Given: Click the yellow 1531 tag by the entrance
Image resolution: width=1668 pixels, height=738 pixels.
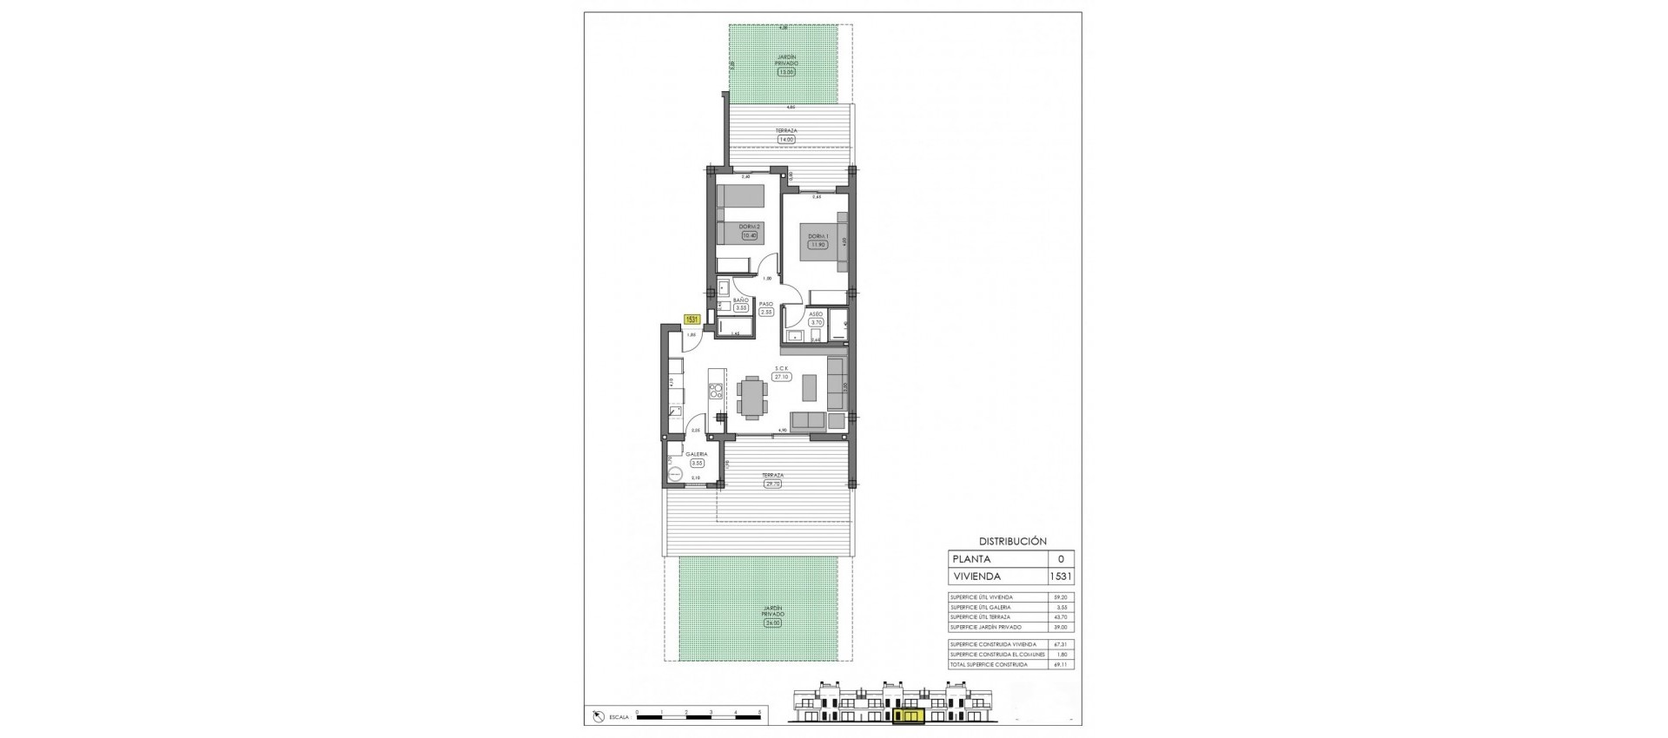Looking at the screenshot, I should (692, 319).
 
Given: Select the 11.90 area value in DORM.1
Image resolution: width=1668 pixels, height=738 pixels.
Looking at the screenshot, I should (817, 245).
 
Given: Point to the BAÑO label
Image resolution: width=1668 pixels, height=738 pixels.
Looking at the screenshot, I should (740, 300).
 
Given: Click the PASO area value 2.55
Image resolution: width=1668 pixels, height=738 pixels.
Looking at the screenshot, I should (766, 312).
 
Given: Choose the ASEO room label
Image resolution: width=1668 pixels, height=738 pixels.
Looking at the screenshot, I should (816, 313).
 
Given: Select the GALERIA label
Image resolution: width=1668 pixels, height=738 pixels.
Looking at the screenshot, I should (696, 454).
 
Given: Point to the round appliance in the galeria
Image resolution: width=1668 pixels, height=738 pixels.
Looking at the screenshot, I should (675, 473).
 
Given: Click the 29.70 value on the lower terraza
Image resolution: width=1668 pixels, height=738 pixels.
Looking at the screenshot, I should (773, 484).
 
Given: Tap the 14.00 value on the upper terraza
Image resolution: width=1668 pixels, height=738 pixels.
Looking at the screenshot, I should (786, 139).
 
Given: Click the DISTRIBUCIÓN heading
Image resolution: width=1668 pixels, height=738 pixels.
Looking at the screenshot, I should (1012, 540).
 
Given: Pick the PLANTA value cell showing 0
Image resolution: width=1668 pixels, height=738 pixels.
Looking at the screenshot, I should (1061, 559).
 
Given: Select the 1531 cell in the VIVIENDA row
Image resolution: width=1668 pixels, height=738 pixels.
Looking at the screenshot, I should (1061, 577).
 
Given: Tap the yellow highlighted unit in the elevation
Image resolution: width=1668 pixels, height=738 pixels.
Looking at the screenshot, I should (908, 716).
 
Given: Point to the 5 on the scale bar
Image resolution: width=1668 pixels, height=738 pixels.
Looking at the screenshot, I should (760, 712).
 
